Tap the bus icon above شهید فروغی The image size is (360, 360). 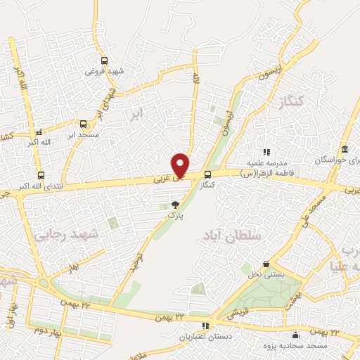point(104,61)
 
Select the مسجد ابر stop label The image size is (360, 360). point(83,133)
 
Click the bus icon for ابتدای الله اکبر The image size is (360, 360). point(40,176)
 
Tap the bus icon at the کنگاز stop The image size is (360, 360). point(207,175)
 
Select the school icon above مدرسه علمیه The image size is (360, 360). point(266,152)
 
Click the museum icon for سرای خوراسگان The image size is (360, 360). point(345,150)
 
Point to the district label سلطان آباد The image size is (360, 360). point(236,236)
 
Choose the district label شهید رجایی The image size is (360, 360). point(56,236)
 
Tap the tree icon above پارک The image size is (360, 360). point(175,205)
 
